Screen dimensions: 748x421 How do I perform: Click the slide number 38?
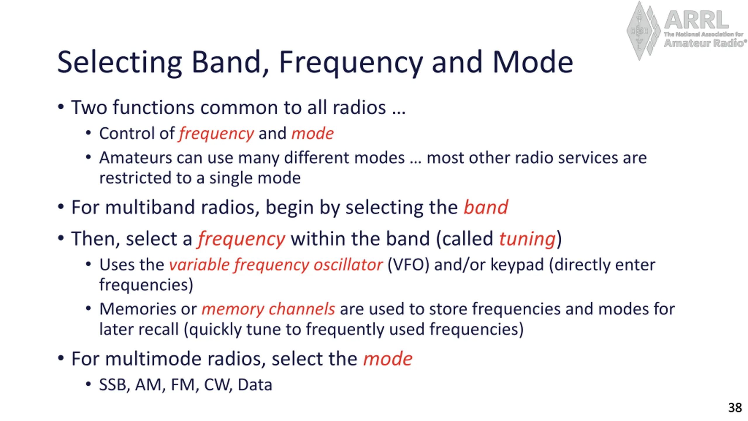click(x=735, y=408)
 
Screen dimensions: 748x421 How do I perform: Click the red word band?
click(x=486, y=207)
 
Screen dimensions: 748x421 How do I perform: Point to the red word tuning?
click(x=527, y=239)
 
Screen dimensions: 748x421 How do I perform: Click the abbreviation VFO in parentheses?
click(x=408, y=265)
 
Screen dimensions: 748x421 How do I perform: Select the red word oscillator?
click(x=348, y=265)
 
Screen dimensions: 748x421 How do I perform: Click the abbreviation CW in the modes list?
click(x=218, y=385)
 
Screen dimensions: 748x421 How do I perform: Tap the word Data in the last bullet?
click(x=255, y=385)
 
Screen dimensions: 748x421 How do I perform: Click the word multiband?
click(x=151, y=207)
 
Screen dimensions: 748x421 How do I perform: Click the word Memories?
click(x=137, y=309)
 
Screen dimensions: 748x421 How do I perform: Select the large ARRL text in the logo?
click(x=696, y=19)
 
